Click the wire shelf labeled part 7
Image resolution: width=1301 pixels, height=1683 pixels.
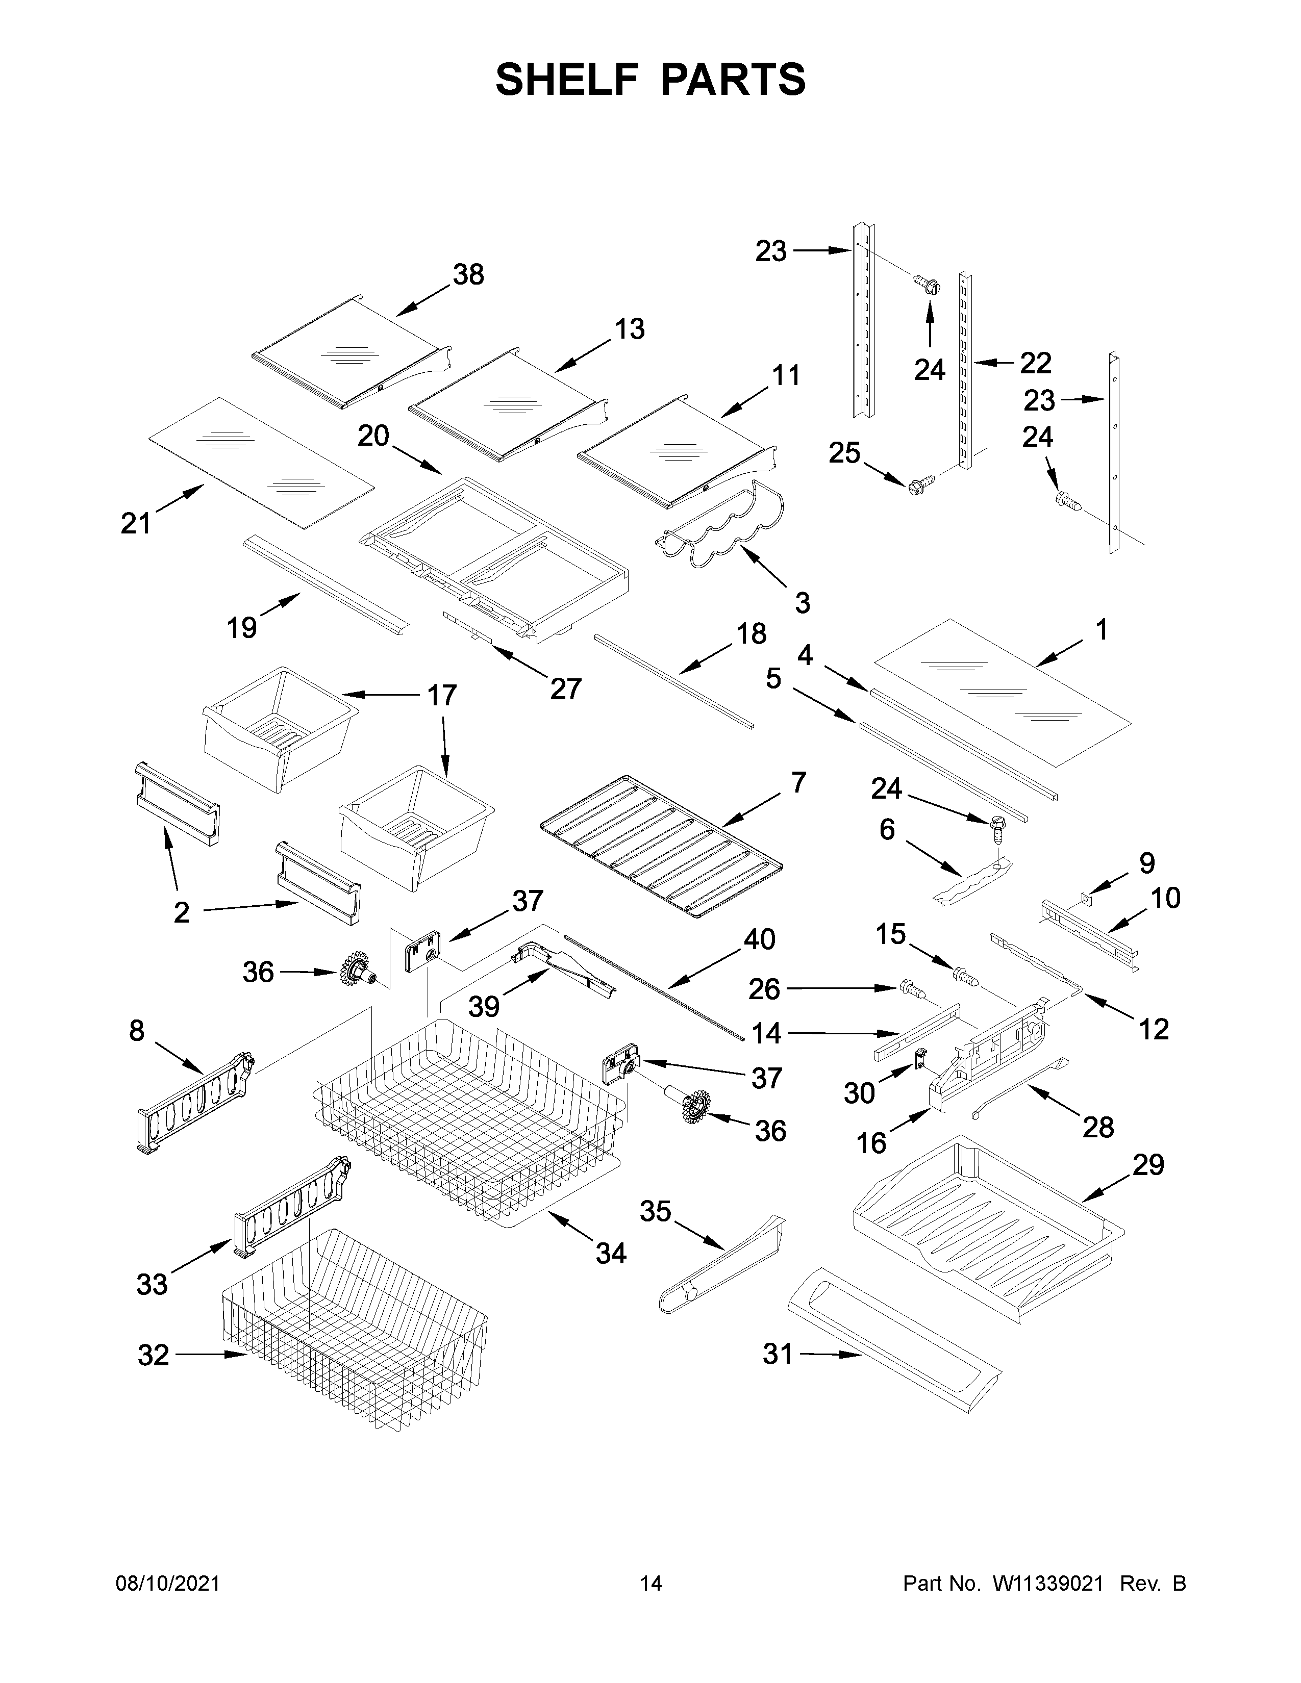pos(661,846)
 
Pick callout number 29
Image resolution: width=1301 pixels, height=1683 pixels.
pos(1147,1165)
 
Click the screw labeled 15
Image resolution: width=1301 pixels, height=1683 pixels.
pos(966,976)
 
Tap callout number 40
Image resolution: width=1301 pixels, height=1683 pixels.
pos(759,939)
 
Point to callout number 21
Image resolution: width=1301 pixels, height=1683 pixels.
pos(136,523)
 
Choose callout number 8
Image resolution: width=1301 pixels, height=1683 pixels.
pos(136,1030)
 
